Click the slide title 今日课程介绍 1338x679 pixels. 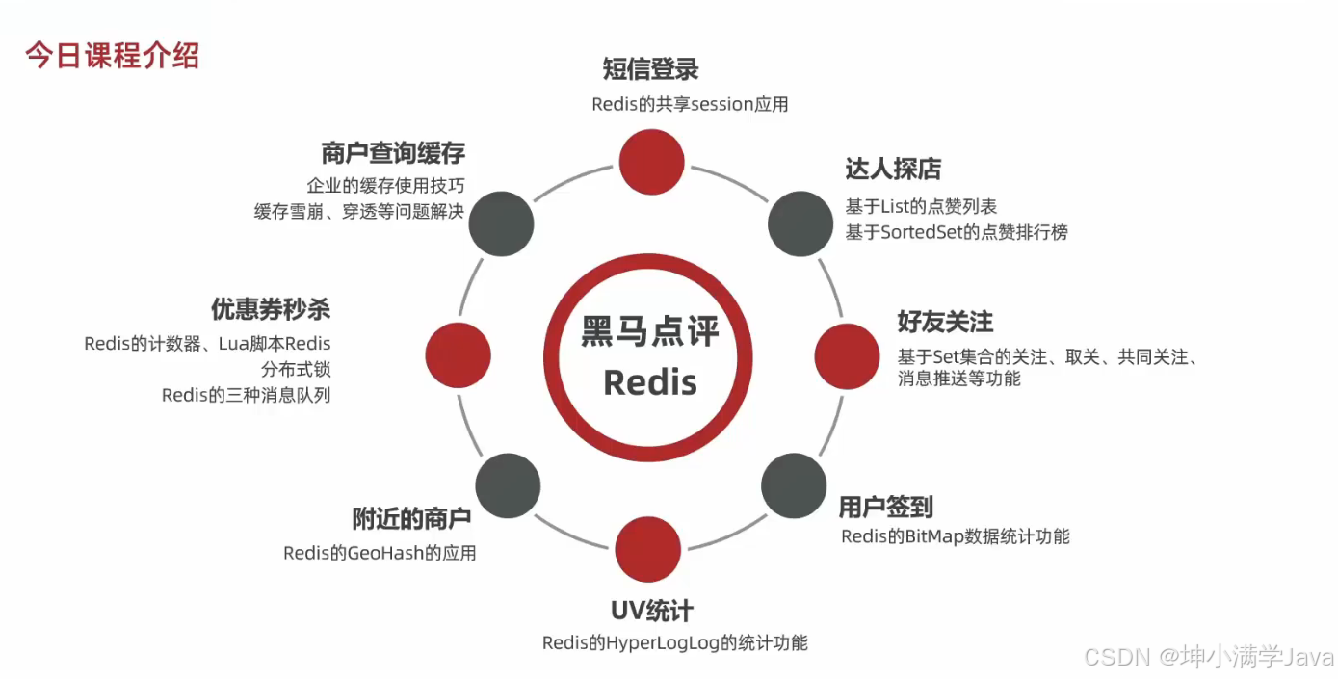[112, 55]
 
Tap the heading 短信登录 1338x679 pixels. [650, 69]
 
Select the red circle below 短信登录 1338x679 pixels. [651, 162]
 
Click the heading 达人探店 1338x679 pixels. [893, 170]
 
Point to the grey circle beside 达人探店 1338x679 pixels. [800, 223]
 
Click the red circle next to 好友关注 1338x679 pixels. [848, 356]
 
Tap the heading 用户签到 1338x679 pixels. [885, 507]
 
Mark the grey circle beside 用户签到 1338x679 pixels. [794, 485]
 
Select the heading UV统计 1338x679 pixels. [652, 611]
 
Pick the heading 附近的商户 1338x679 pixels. [411, 519]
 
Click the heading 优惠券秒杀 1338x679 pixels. [271, 309]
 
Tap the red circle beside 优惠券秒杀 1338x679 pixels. [458, 355]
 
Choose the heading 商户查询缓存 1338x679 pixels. [393, 153]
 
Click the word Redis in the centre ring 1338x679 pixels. [649, 382]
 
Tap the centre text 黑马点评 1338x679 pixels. [650, 332]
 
